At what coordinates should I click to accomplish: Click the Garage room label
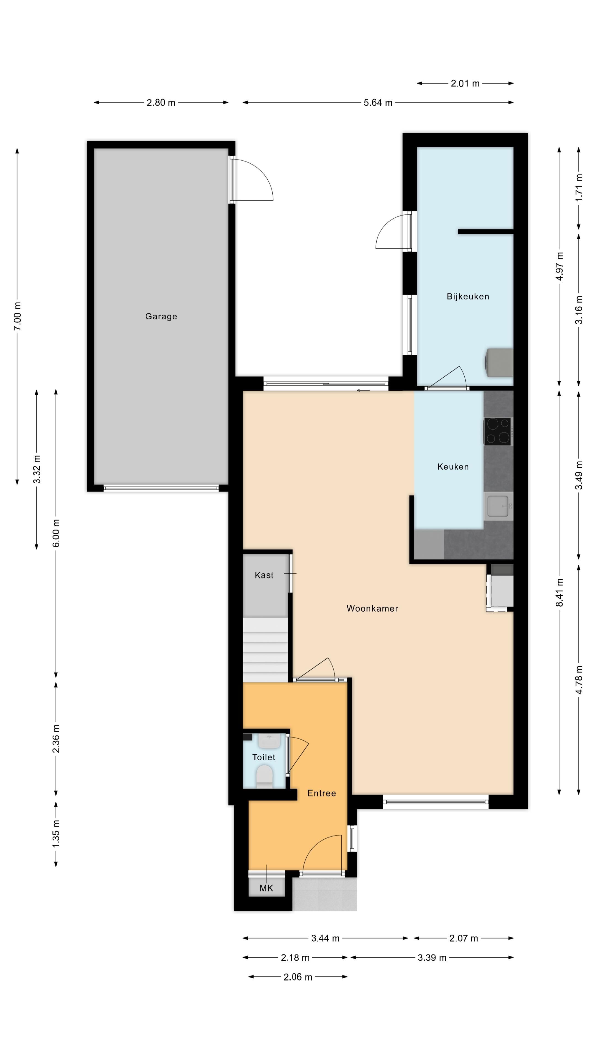click(161, 316)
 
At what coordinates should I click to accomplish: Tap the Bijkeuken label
click(468, 297)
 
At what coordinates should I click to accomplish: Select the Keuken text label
click(453, 467)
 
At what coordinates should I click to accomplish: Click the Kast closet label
click(264, 575)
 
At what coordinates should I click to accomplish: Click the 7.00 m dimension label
click(17, 316)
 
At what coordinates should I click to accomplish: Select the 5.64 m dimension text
click(377, 103)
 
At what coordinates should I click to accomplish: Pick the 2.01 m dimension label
click(465, 84)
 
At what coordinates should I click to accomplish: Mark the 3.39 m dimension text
click(432, 958)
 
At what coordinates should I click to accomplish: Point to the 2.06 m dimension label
click(298, 977)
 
